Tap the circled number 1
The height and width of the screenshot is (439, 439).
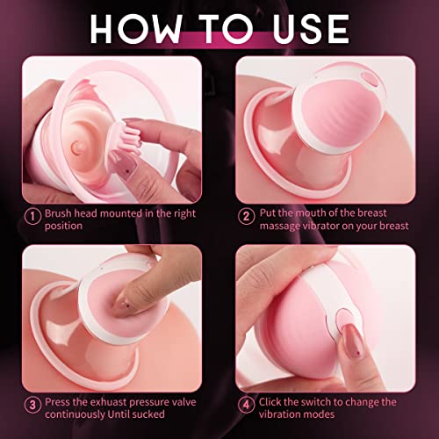click(x=33, y=215)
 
